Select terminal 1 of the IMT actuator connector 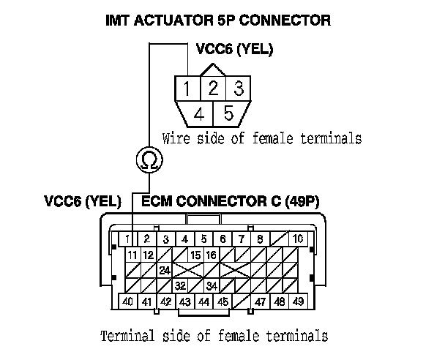tap(187, 90)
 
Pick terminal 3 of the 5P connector tap(237, 90)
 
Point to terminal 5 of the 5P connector tap(228, 114)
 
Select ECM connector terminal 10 tap(297, 239)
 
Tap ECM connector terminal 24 tap(165, 270)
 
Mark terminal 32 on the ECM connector tap(180, 285)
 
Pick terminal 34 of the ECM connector tap(212, 285)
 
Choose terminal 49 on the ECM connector tap(298, 301)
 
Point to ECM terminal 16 tap(212, 255)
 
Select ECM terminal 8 tap(259, 239)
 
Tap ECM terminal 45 tap(222, 301)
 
